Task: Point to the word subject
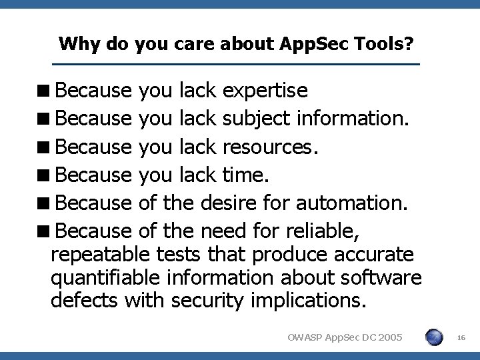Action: tap(257, 119)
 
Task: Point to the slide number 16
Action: tap(461, 338)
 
